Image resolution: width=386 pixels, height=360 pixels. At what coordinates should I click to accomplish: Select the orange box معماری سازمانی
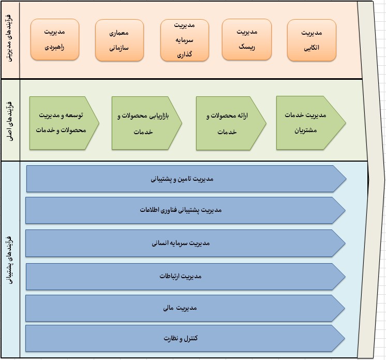pyautogui.click(x=119, y=39)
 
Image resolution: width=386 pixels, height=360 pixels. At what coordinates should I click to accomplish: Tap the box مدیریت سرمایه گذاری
pyautogui.click(x=184, y=40)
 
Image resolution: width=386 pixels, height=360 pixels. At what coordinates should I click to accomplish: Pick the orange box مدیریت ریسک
pyautogui.click(x=246, y=39)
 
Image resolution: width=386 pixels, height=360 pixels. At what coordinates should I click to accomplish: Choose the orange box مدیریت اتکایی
pyautogui.click(x=311, y=40)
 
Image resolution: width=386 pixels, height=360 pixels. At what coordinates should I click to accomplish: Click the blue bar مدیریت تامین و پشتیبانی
pyautogui.click(x=185, y=179)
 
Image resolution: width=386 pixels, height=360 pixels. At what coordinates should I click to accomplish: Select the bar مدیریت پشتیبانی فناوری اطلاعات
pyautogui.click(x=185, y=210)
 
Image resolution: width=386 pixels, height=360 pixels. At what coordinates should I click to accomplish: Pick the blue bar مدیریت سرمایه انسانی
pyautogui.click(x=185, y=243)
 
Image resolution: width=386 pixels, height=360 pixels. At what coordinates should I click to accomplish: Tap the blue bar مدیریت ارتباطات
pyautogui.click(x=185, y=276)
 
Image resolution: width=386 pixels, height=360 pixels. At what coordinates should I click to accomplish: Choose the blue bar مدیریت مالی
pyautogui.click(x=185, y=308)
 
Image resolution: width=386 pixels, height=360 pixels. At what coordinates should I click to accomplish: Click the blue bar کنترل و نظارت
pyautogui.click(x=185, y=338)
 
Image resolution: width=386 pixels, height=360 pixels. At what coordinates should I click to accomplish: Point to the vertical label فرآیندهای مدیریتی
pyautogui.click(x=10, y=40)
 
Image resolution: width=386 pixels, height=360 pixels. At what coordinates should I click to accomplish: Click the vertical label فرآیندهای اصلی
pyautogui.click(x=10, y=121)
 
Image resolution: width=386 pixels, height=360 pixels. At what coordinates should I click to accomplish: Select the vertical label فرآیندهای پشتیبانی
pyautogui.click(x=10, y=259)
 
